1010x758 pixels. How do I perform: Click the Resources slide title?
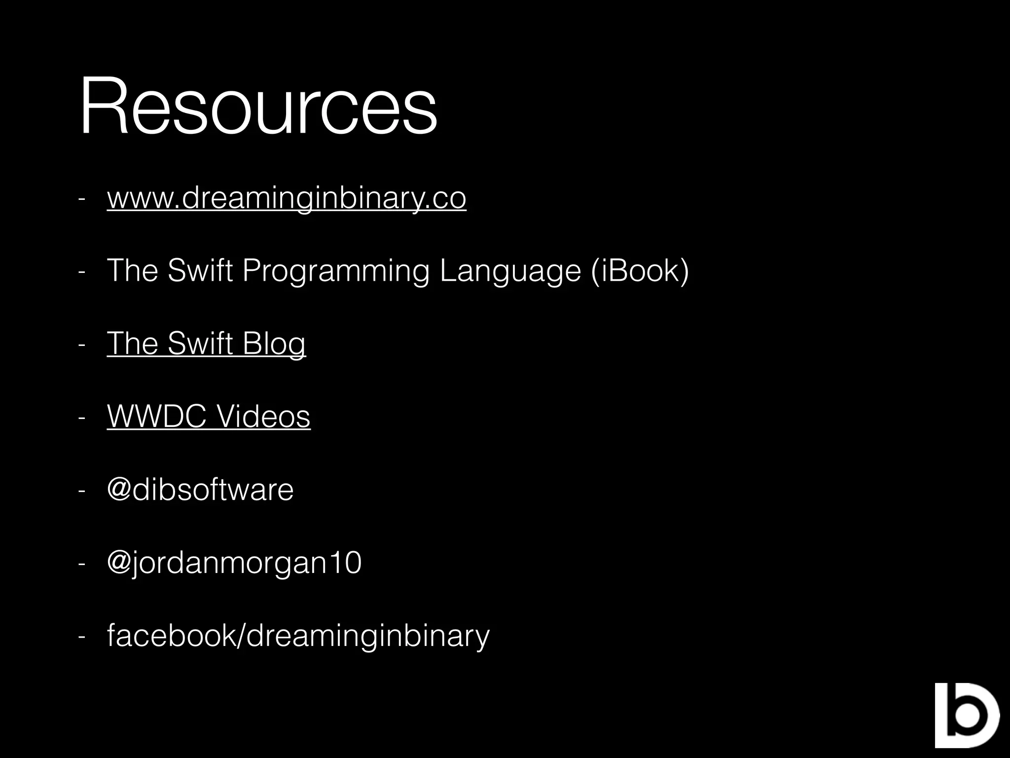(x=258, y=106)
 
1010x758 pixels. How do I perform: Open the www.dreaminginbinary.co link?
(x=286, y=198)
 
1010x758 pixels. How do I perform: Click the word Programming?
(x=336, y=271)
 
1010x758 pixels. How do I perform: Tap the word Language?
(x=510, y=271)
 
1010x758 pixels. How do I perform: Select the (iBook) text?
(x=639, y=271)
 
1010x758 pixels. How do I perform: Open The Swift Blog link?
(x=206, y=343)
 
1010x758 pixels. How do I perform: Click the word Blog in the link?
(x=274, y=343)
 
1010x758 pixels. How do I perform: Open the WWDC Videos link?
(x=209, y=416)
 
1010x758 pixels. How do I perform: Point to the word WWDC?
(x=156, y=416)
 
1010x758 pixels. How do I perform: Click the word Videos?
(x=264, y=416)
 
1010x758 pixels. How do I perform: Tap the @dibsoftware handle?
(x=200, y=490)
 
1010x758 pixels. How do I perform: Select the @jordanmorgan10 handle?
(x=234, y=563)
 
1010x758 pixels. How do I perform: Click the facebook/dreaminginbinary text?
(x=298, y=636)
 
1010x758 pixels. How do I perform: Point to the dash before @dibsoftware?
(x=82, y=491)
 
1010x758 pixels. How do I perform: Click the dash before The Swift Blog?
(x=82, y=345)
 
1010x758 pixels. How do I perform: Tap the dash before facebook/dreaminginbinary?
(x=82, y=637)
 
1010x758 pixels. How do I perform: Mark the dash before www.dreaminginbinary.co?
(x=82, y=199)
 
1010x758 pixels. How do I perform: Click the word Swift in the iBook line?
(x=200, y=271)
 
